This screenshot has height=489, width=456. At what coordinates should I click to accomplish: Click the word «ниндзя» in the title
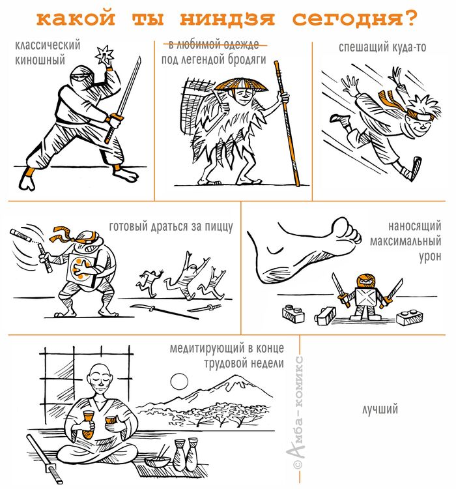point(227,19)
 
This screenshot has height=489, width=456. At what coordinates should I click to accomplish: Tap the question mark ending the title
point(411,18)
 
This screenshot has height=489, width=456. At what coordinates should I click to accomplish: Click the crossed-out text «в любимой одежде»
point(214,45)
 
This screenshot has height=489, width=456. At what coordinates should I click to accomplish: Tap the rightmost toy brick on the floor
point(410,316)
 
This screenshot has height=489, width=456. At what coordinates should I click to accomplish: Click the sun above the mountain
point(179,381)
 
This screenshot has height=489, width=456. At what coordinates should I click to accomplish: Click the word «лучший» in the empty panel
point(380,409)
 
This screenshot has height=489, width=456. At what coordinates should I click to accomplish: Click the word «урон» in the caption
point(430,256)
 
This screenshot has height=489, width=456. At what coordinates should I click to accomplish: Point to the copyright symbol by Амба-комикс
point(298,464)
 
